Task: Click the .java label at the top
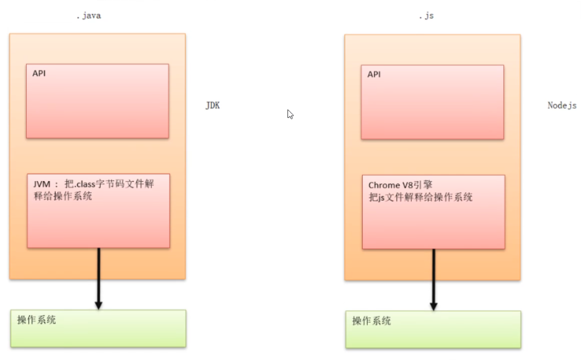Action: (x=89, y=16)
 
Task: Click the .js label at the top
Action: (x=426, y=16)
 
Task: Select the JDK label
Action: (x=212, y=105)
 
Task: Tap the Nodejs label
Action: (x=562, y=105)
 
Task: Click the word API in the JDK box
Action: (x=40, y=73)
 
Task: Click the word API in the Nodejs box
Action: (x=374, y=74)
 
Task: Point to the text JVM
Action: (x=42, y=184)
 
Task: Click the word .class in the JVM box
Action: (x=86, y=184)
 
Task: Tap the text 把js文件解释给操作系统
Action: (x=421, y=197)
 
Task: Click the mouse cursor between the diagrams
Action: (x=290, y=114)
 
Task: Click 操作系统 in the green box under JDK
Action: (x=36, y=320)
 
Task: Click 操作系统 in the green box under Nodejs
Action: (x=371, y=321)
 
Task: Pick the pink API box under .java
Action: (x=97, y=101)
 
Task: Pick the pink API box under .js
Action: (x=432, y=102)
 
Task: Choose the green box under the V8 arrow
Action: (x=433, y=330)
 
